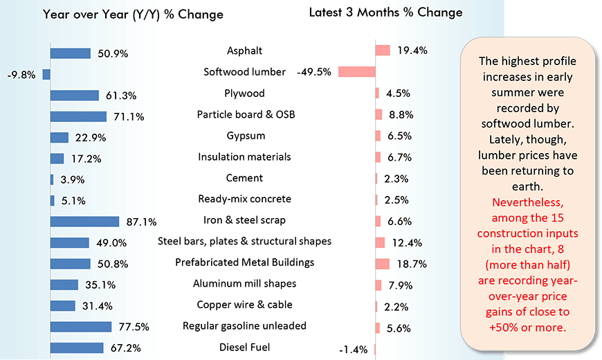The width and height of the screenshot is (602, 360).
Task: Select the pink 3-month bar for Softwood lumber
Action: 356,72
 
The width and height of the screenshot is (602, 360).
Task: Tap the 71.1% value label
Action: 129,117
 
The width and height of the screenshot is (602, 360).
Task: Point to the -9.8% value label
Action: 21,75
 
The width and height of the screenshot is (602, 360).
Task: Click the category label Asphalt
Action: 244,51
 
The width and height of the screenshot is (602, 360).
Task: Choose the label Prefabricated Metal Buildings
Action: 245,262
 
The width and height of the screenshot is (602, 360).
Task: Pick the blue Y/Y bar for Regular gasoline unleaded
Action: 81,327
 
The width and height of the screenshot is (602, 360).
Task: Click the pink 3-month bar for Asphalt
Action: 383,51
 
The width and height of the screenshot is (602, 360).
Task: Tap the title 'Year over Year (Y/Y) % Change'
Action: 133,15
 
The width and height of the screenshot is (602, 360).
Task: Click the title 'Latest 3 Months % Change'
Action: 385,12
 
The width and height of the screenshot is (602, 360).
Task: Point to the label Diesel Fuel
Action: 245,348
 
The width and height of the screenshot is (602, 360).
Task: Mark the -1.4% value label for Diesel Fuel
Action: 353,349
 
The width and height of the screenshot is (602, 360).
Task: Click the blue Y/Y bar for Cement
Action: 52,179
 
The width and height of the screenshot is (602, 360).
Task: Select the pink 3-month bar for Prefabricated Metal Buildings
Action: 383,264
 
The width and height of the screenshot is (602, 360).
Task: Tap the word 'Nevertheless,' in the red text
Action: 527,204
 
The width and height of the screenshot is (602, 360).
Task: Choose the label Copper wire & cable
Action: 244,305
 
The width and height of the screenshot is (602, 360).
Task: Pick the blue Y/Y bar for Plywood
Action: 75,95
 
